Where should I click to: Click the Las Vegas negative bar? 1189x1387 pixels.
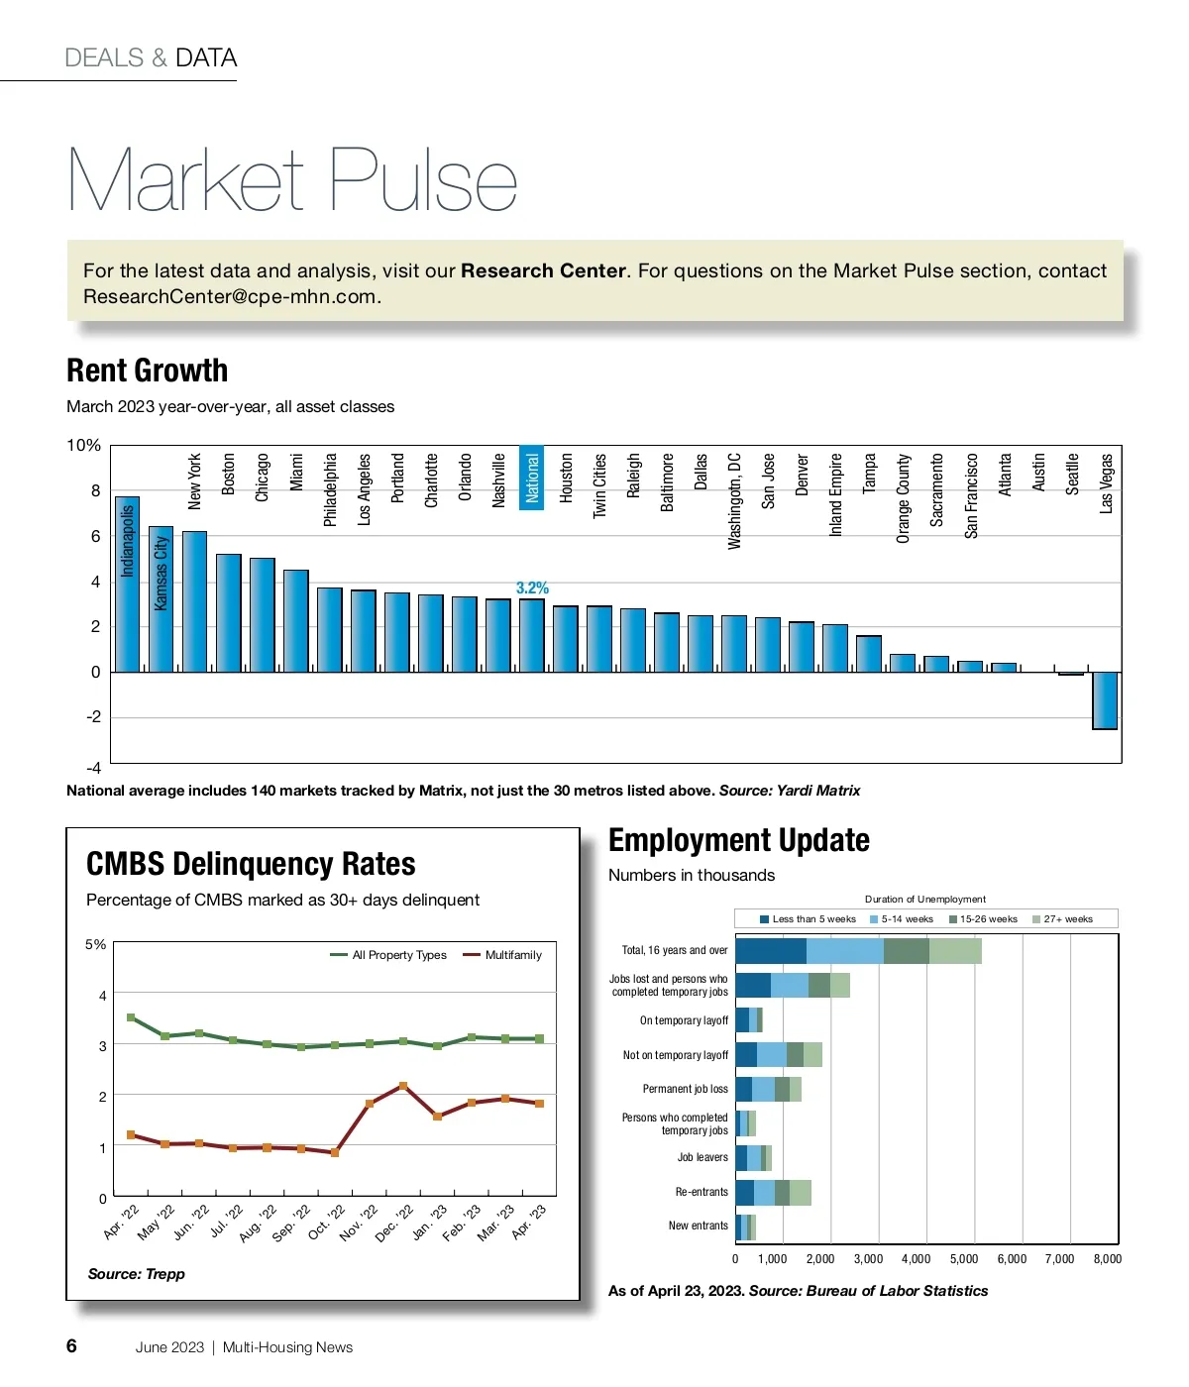click(x=1105, y=700)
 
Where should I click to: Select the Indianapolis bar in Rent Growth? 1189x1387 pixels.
click(x=127, y=585)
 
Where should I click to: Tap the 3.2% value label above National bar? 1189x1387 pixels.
click(x=532, y=588)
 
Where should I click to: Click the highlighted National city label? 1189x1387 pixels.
click(x=532, y=478)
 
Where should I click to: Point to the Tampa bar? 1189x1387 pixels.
click(x=869, y=654)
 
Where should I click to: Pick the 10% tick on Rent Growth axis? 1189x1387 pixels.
click(x=83, y=446)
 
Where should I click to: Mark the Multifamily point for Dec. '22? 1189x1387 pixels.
click(x=402, y=1086)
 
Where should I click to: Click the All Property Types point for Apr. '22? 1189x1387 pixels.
click(x=131, y=1017)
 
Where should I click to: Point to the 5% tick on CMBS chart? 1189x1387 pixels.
click(x=95, y=944)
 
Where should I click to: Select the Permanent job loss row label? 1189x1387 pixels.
click(x=685, y=1089)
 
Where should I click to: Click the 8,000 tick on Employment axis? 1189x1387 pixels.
click(x=1107, y=1259)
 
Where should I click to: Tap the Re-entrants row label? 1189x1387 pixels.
click(x=702, y=1192)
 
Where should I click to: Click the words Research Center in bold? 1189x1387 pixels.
click(x=543, y=270)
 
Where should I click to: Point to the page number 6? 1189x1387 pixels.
click(x=71, y=1345)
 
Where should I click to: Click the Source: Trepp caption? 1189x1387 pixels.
click(x=137, y=1274)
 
